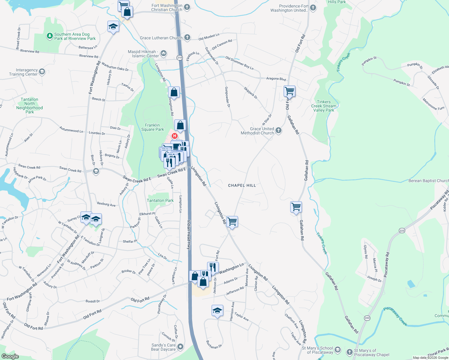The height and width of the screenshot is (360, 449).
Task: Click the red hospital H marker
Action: [174, 136]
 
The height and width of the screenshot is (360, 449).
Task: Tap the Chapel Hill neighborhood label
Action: [242, 185]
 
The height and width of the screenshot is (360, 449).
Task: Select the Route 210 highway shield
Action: [179, 58]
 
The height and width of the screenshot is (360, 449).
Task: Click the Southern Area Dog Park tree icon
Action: [50, 36]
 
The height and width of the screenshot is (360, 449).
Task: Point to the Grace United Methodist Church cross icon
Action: [279, 130]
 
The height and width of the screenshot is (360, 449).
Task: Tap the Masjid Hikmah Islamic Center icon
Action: [164, 53]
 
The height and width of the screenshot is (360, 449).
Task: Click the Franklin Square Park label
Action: [152, 127]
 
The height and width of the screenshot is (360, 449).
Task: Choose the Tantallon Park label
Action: [160, 200]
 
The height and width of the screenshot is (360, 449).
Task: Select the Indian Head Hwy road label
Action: [189, 235]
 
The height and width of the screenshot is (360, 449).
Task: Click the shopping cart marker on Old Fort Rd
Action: [289, 91]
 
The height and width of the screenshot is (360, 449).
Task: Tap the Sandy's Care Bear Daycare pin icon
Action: [180, 347]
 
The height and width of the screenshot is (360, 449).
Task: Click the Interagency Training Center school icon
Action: [42, 72]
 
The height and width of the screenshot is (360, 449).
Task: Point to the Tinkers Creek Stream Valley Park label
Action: [324, 106]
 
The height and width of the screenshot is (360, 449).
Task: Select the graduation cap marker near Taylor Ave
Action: [217, 310]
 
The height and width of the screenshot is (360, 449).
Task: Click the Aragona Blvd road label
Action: [276, 79]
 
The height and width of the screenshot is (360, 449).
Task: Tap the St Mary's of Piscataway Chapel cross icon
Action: [349, 352]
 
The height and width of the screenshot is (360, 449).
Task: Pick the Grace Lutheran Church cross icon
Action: [187, 37]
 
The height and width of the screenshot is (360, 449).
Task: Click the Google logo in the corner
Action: [10, 356]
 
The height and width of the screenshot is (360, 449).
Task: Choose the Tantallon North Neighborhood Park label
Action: [29, 106]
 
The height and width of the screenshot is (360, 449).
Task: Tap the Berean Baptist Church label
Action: [428, 181]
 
